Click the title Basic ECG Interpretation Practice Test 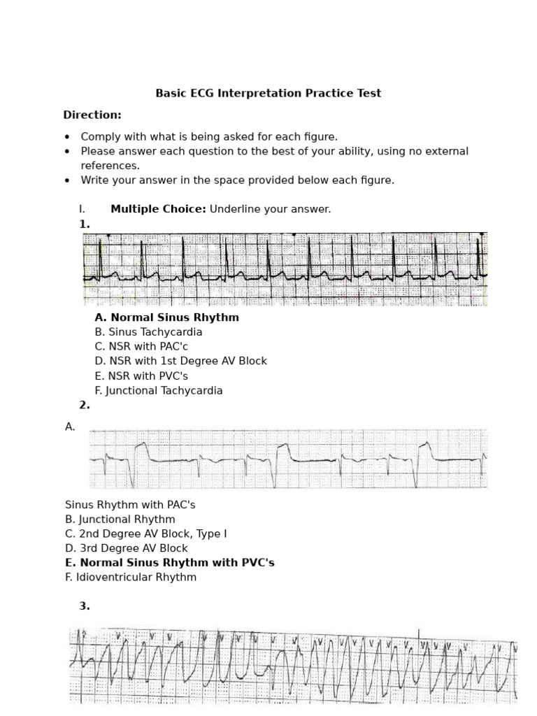(x=268, y=93)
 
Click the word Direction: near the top (x=92, y=115)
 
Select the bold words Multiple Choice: (x=158, y=209)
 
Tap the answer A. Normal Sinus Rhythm (x=166, y=317)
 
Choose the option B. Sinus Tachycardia (x=148, y=332)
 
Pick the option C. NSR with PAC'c (x=141, y=347)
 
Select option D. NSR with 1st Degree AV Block (x=180, y=361)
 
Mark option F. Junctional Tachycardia (x=158, y=391)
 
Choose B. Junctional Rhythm (x=120, y=520)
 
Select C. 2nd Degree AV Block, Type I (x=145, y=534)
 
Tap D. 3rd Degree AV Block (x=126, y=549)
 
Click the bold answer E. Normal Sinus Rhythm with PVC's (x=169, y=563)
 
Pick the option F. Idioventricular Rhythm (x=131, y=578)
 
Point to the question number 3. (x=85, y=606)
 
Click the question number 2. (x=85, y=405)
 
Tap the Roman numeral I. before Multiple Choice (x=82, y=209)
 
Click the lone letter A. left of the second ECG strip (x=70, y=427)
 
